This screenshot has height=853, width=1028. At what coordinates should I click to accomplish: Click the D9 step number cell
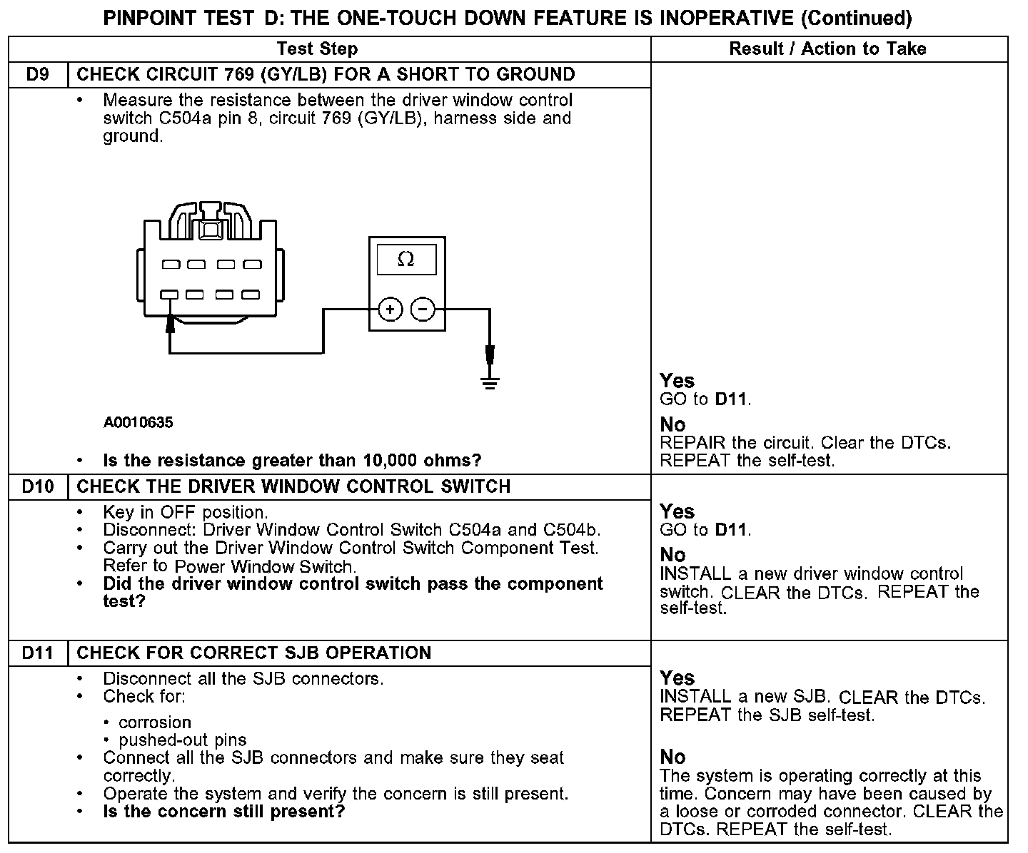click(37, 74)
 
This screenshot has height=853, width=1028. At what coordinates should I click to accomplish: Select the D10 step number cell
click(37, 486)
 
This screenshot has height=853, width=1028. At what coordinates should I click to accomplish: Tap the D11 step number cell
click(37, 653)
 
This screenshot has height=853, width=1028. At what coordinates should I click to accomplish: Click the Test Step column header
click(317, 48)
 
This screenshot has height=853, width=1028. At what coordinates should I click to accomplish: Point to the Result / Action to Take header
click(827, 48)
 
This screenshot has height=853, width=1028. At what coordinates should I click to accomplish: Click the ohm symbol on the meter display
click(405, 260)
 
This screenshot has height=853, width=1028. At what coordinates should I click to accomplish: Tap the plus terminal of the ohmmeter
click(390, 310)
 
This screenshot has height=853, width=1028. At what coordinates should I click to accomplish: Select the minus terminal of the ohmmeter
click(423, 310)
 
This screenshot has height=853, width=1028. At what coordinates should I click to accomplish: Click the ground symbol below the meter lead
click(490, 382)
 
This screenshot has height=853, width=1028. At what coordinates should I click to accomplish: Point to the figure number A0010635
click(138, 422)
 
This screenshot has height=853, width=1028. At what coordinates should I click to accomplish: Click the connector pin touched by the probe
click(169, 294)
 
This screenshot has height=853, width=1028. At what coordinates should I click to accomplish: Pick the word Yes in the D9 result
click(677, 381)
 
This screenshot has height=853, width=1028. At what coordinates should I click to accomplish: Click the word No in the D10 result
click(672, 555)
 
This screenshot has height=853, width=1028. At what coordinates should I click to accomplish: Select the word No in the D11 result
click(672, 757)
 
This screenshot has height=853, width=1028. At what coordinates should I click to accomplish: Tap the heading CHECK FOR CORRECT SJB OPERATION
click(253, 653)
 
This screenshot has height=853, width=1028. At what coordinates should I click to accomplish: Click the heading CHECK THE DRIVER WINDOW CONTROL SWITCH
click(293, 486)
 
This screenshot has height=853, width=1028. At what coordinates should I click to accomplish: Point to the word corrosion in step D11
click(155, 722)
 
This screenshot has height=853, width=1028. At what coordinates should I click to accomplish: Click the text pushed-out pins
click(183, 740)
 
